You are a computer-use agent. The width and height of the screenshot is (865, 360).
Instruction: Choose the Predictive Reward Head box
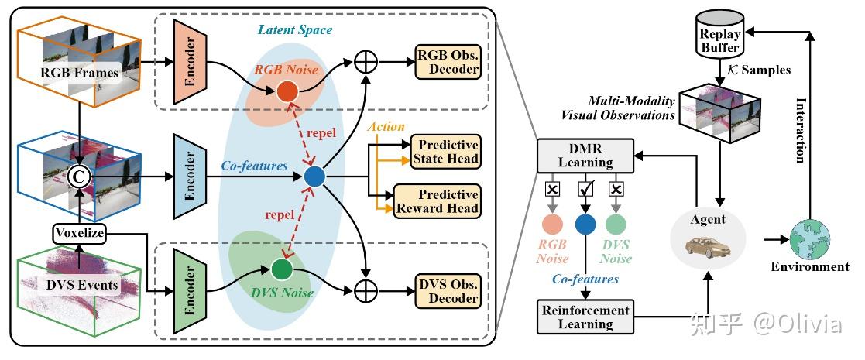[438, 200]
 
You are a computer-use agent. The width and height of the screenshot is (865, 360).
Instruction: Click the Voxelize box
[79, 233]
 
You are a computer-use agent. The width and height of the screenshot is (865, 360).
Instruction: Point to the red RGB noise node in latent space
[287, 92]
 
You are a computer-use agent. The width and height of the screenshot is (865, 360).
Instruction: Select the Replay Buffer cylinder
[721, 36]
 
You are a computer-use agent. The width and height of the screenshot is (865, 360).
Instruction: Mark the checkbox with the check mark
[586, 189]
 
